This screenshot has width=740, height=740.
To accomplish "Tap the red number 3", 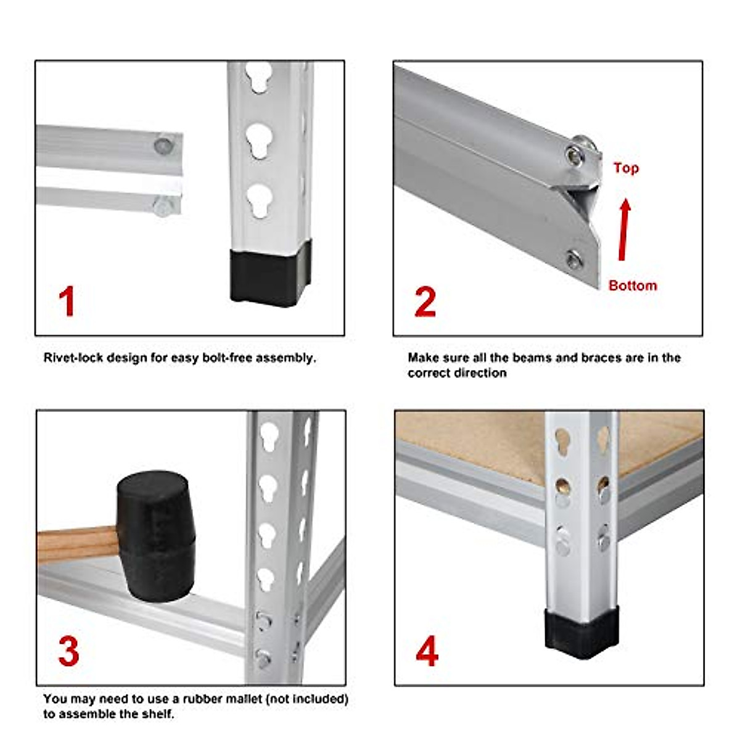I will coord(68,651).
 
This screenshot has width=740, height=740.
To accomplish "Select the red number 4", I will coord(427,651).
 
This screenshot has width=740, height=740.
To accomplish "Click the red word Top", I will coord(625,168).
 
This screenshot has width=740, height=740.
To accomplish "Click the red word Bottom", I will coord(632,286).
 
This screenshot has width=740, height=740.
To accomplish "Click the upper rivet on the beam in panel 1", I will coord(163,146).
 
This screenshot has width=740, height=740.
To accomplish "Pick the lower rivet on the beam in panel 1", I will coord(163,207).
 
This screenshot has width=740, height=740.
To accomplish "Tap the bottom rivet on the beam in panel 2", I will coord(574,260).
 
